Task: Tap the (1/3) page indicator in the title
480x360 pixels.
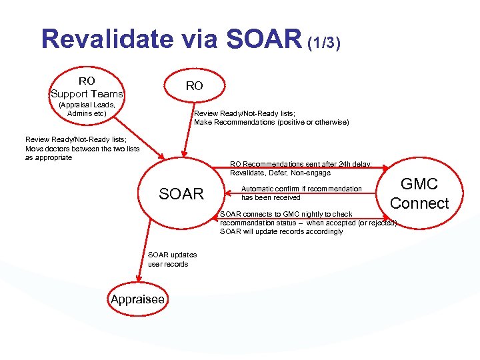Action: coord(325,43)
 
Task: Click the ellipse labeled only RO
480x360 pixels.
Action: coord(194,86)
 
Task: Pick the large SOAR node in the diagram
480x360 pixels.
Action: coord(181,194)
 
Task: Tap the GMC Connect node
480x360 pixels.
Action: coord(419,194)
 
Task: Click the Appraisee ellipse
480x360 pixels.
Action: coord(137,299)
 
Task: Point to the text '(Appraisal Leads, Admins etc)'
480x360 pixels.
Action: coord(87,109)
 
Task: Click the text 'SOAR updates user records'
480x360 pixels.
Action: coord(168,260)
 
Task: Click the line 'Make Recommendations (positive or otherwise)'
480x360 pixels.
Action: coord(271,122)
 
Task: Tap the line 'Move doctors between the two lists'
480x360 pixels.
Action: coord(82,149)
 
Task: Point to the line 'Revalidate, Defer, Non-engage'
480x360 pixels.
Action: coord(280,173)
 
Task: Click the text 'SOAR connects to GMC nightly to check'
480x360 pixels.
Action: coord(286,214)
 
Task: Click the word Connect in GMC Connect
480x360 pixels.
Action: coord(419,203)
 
